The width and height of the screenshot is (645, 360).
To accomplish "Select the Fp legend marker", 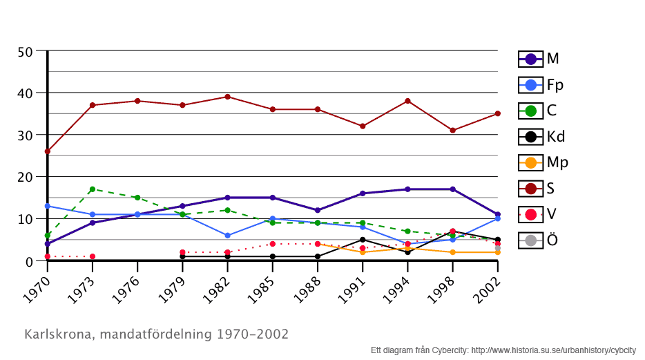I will tap(530, 85).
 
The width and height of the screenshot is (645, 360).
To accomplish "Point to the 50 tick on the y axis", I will tap(25, 52).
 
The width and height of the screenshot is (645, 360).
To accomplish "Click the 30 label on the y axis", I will tap(25, 135).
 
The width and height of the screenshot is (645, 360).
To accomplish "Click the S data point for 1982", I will tap(227, 97).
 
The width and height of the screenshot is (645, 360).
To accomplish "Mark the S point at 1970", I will tap(48, 151).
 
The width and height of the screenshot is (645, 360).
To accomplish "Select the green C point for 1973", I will tap(93, 189).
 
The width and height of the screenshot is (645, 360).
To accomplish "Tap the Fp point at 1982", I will tap(227, 236).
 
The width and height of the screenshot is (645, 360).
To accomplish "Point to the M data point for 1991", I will tap(363, 193).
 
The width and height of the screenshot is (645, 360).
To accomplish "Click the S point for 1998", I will tap(452, 131).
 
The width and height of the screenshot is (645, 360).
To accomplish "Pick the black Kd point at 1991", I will tap(363, 240).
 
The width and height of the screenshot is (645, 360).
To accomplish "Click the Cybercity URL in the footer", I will tap(553, 350).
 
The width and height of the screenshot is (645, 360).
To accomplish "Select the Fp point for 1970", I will tap(48, 206).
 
